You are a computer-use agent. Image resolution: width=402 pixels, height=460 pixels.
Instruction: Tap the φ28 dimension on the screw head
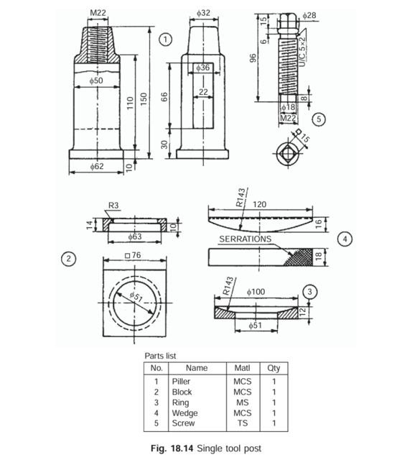click(x=309, y=15)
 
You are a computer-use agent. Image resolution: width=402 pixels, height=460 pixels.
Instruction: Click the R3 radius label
click(x=113, y=205)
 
